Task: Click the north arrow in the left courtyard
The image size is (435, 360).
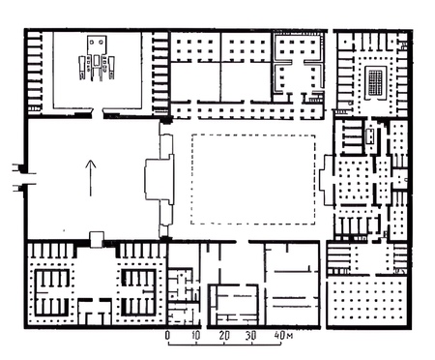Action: click(x=91, y=178)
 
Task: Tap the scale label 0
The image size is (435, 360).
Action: click(x=167, y=336)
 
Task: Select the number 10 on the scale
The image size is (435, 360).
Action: click(x=196, y=336)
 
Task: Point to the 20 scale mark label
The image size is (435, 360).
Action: click(x=224, y=336)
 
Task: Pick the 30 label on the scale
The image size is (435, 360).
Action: click(x=251, y=336)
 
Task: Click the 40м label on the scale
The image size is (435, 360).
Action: click(x=283, y=336)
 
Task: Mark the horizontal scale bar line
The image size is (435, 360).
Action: click(x=224, y=344)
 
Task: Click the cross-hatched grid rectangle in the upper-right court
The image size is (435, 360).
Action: click(x=375, y=81)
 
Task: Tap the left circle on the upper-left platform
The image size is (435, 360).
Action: click(x=92, y=42)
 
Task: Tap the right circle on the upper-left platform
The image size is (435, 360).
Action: click(x=101, y=42)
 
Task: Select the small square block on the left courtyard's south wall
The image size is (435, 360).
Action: click(x=97, y=240)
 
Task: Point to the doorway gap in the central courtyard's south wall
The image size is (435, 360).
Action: click(x=243, y=242)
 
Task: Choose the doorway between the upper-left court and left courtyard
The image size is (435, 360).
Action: click(x=98, y=113)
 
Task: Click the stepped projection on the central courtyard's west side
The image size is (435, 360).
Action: click(x=159, y=179)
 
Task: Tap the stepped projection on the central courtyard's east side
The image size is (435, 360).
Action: click(x=327, y=179)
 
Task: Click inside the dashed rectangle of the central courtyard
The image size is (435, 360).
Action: click(x=253, y=179)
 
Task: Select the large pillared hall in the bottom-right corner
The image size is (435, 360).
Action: click(x=369, y=302)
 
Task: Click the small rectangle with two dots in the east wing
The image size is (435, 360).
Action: click(x=370, y=136)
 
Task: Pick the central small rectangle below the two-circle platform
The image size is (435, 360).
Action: click(x=97, y=60)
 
